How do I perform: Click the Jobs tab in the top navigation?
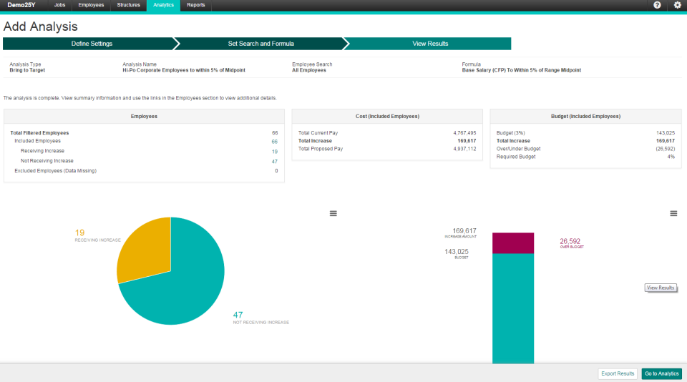[59, 5]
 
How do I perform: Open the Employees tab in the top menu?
[91, 5]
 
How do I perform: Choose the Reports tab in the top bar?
[195, 5]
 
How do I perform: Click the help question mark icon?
[657, 5]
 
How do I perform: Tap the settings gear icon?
[678, 5]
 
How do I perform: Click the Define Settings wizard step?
[92, 44]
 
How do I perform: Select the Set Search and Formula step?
[260, 44]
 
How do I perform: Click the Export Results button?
[618, 373]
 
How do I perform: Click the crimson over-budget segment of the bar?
[512, 243]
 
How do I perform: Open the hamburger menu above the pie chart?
[333, 214]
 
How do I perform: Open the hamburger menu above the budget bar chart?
[673, 214]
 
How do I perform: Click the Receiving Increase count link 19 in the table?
[275, 151]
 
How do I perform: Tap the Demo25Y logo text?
[21, 5]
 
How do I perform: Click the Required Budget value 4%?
[671, 157]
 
